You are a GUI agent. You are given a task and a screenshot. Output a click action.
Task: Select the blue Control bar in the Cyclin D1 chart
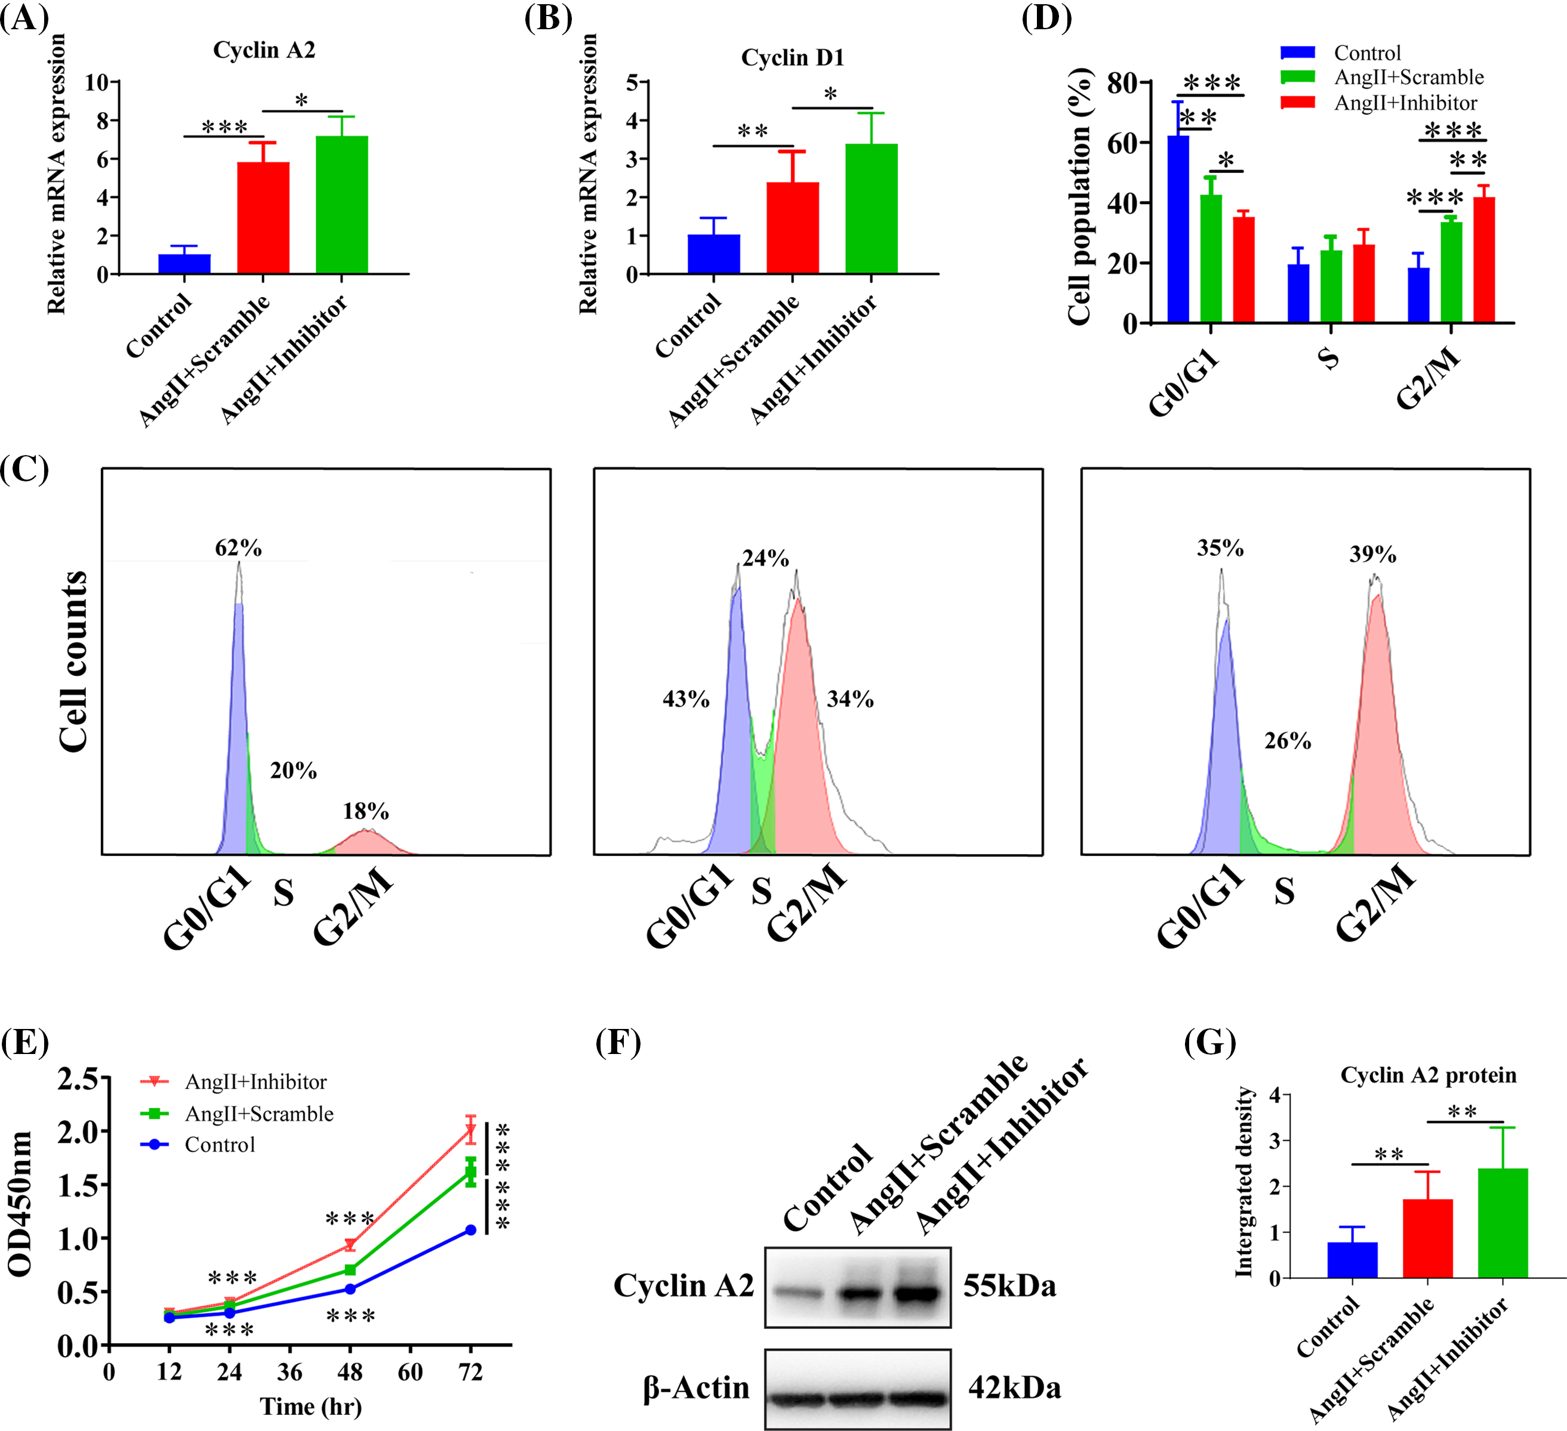(713, 254)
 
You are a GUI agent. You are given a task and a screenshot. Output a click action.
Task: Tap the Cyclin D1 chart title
(792, 57)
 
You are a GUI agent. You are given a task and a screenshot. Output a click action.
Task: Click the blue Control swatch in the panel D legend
(1297, 53)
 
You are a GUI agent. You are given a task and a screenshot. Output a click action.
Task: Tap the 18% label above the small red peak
(365, 812)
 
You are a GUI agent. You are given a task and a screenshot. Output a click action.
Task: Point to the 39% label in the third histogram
(1372, 555)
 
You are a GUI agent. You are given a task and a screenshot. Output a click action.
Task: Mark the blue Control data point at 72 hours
(470, 1230)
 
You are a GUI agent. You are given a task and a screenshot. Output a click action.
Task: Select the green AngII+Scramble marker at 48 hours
(350, 1269)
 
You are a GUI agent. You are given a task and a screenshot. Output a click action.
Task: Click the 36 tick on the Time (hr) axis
(289, 1372)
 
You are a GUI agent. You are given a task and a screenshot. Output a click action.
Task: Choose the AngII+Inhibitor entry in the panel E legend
(255, 1081)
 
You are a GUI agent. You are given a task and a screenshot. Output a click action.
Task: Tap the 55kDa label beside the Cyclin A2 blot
(1009, 1287)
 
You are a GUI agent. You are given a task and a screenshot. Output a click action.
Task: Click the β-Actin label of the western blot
(695, 1387)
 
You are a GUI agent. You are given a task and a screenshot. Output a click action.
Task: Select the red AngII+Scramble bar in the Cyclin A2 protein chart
(1427, 1238)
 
